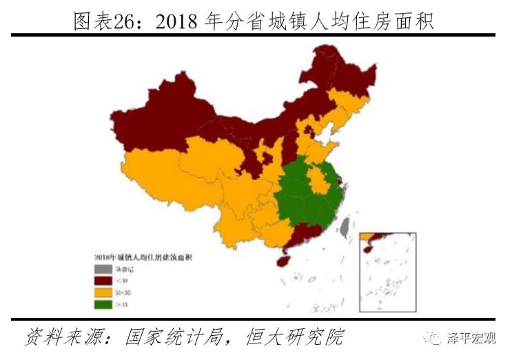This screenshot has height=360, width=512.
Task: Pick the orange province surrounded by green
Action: (318, 181)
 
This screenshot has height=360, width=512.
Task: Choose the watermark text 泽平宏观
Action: (472, 338)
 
